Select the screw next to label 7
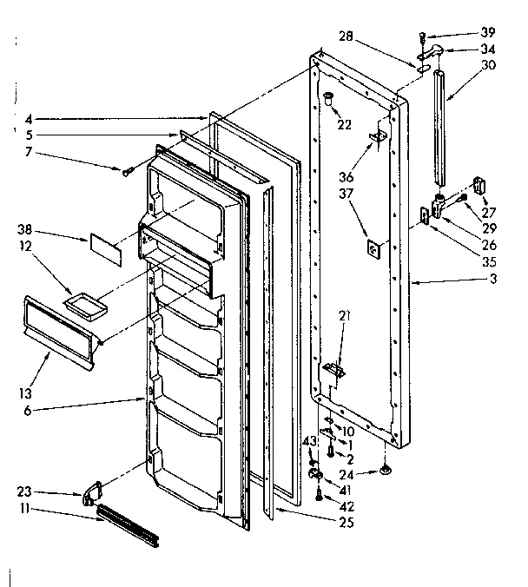pyautogui.click(x=127, y=172)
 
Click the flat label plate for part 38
pyautogui.click(x=103, y=246)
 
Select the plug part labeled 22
pyautogui.click(x=330, y=97)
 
